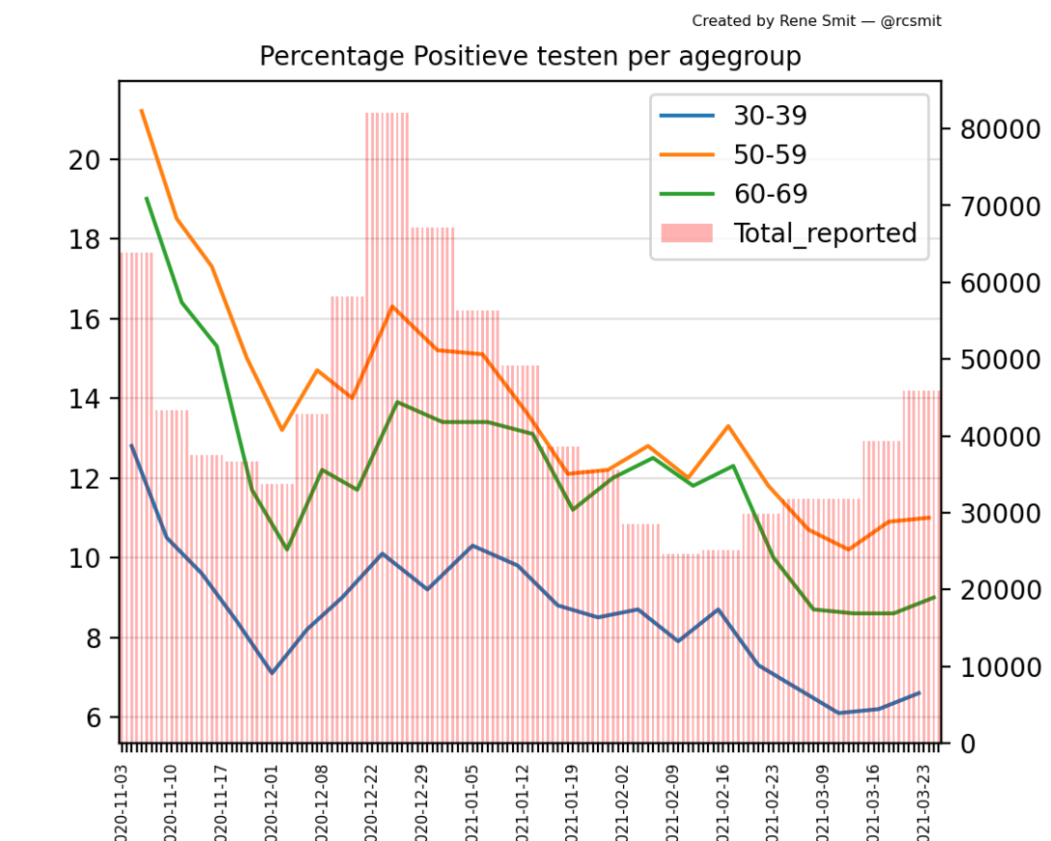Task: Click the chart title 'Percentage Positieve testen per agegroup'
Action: tap(529, 57)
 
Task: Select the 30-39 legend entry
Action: tap(770, 116)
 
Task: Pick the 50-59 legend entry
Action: tap(770, 154)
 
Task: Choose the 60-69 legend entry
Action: tap(770, 194)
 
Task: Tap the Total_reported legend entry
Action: tap(824, 233)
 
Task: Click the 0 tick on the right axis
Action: tap(966, 743)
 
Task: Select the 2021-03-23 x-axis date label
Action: tap(926, 797)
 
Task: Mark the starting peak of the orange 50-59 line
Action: tap(141, 110)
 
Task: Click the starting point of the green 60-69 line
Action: tap(146, 198)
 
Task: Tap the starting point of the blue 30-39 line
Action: tap(131, 445)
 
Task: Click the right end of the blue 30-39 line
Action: tap(920, 692)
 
